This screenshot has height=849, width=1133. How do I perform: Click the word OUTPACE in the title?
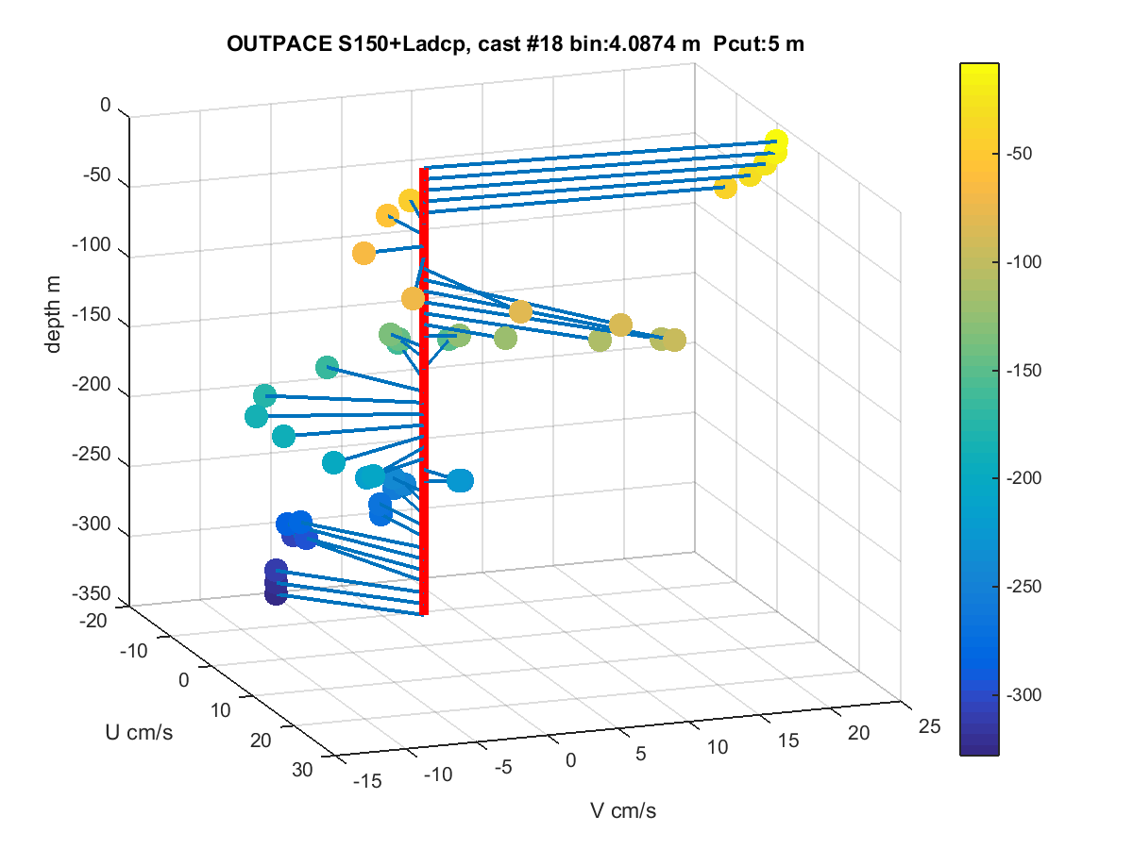(279, 43)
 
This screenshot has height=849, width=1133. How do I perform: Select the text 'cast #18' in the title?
(520, 43)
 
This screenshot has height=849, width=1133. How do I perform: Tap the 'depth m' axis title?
(53, 314)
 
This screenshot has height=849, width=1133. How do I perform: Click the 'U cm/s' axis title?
(139, 732)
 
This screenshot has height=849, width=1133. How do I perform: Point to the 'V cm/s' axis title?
(623, 810)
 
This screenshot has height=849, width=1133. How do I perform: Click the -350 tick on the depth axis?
(92, 593)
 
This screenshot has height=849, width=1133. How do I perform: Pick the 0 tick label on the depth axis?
(106, 105)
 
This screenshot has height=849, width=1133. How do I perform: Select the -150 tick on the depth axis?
(92, 314)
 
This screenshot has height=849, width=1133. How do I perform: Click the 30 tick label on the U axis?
(302, 770)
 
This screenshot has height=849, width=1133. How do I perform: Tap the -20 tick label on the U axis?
(93, 621)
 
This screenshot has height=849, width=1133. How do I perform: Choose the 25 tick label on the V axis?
(930, 726)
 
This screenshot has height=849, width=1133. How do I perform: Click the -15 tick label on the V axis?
(367, 781)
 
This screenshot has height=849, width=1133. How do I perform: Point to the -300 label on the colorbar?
(1023, 695)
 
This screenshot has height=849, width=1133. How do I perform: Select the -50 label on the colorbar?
(1019, 154)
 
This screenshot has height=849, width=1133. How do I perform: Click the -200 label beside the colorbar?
(1023, 478)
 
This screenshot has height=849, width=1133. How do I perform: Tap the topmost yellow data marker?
(776, 141)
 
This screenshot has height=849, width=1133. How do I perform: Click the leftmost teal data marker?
(256, 416)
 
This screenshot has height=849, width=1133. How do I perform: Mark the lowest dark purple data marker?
(276, 594)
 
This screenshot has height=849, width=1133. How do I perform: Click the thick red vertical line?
(424, 391)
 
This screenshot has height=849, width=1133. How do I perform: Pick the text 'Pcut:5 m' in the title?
(758, 43)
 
